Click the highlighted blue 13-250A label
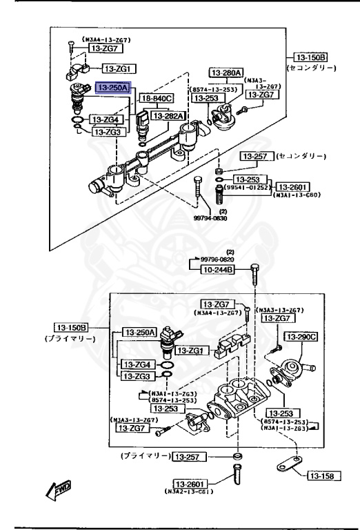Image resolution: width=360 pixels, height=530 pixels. point(114,88)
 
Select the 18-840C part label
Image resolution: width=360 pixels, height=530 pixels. point(157,100)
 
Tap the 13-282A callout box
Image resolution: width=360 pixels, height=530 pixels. point(168,116)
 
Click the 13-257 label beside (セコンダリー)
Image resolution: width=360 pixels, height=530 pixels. point(256,156)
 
